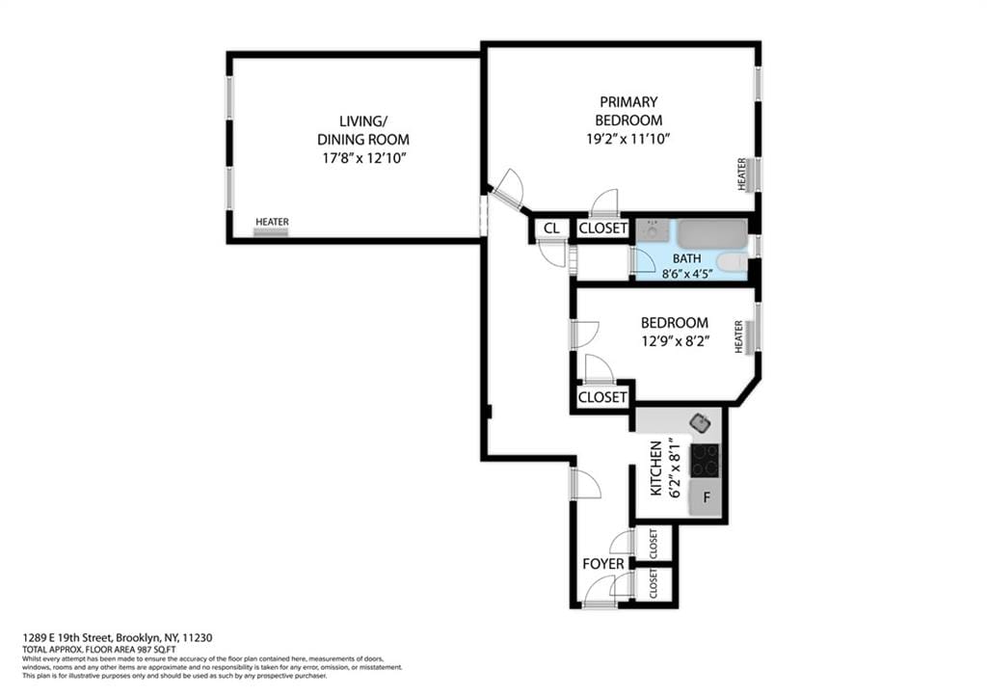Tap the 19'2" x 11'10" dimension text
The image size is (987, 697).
click(627, 139)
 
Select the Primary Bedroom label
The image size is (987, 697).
click(627, 111)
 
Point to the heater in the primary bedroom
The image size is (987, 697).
click(743, 174)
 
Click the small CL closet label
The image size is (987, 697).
click(551, 229)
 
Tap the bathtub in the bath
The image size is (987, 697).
click(711, 234)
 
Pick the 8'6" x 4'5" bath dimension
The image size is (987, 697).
click(686, 274)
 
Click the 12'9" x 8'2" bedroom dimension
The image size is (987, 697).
click(674, 340)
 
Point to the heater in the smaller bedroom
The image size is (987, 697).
click(741, 336)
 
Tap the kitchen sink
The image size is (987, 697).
click(700, 422)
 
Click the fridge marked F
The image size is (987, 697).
click(707, 498)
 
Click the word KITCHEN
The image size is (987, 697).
click(656, 469)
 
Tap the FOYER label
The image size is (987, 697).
click(602, 564)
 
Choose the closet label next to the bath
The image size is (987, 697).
click(602, 229)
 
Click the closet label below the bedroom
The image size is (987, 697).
click(602, 397)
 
